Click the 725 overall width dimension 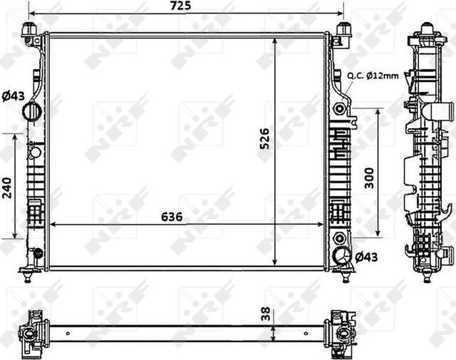pyautogui.click(x=180, y=6)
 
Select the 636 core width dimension pyautogui.click(x=172, y=217)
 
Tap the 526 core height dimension pyautogui.click(x=264, y=138)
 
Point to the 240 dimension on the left pyautogui.click(x=6, y=188)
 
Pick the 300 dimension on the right pyautogui.click(x=369, y=178)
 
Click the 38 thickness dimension pyautogui.click(x=265, y=314)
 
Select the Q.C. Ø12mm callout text pyautogui.click(x=373, y=76)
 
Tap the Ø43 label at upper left pyautogui.click(x=13, y=96)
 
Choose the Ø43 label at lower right pyautogui.click(x=366, y=257)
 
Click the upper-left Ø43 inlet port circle pyautogui.click(x=32, y=111)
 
